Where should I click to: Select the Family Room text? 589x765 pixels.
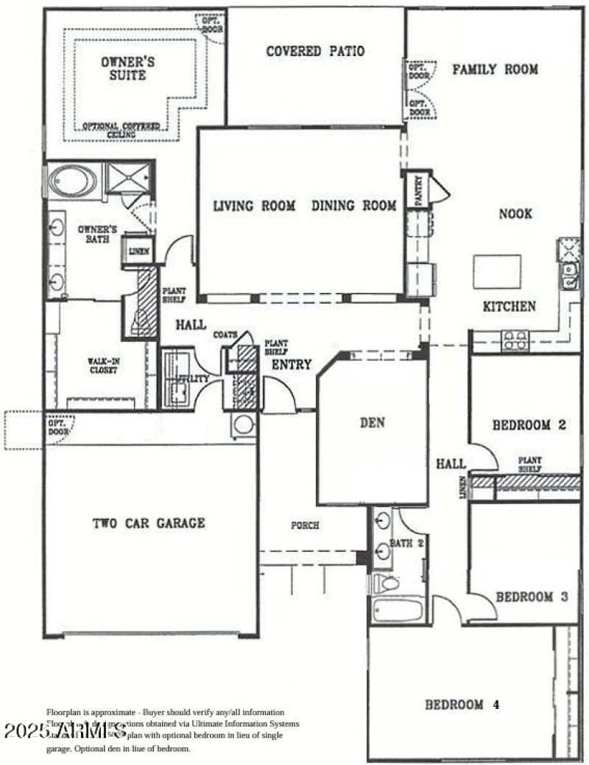point(495,69)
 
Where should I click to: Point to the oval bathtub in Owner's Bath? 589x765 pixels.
point(73,181)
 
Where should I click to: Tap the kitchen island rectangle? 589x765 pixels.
point(496,271)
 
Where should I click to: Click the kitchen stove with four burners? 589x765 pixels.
point(515,340)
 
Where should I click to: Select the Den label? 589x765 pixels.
point(373,422)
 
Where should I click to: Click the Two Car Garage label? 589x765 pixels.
point(149,523)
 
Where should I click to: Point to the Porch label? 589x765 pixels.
point(306,525)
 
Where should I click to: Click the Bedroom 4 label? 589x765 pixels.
point(462,705)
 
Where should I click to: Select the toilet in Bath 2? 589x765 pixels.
point(387,584)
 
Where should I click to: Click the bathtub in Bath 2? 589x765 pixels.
point(398,610)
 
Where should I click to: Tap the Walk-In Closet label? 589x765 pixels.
point(104,366)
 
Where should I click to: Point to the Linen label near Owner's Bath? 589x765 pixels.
point(138,251)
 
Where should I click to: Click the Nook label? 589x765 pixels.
point(515,214)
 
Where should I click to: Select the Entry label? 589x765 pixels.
point(292,365)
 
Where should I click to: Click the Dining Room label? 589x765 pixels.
point(353,206)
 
